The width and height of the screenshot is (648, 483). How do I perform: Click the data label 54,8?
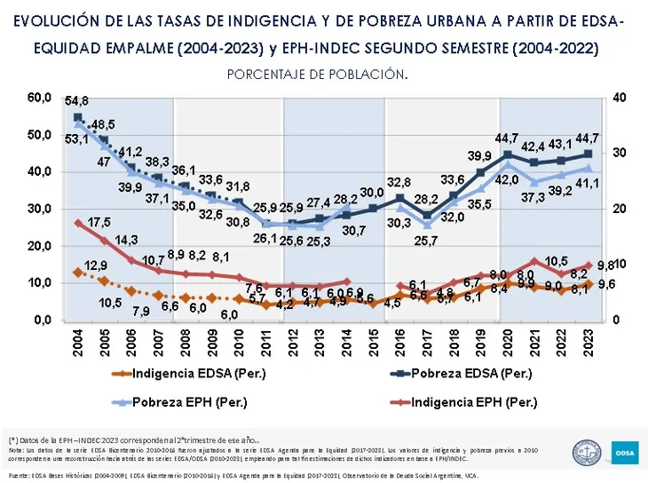tap(76, 102)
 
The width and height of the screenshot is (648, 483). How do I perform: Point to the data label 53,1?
tap(51, 139)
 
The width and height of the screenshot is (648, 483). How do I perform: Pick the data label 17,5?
tap(99, 221)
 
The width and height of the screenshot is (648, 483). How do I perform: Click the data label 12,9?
tap(96, 265)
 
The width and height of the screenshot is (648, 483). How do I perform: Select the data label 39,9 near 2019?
tap(480, 156)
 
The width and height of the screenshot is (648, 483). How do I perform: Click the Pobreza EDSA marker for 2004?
tap(78, 117)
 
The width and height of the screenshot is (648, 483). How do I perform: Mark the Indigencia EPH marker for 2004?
tap(78, 223)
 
